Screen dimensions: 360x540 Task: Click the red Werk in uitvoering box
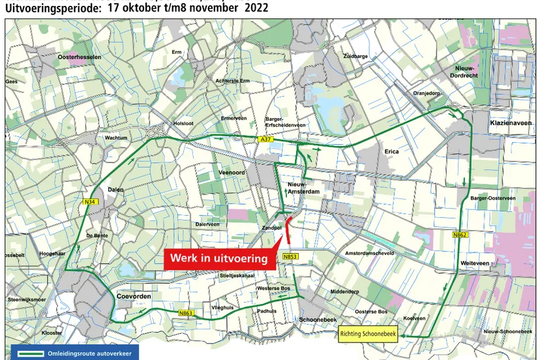[218, 258]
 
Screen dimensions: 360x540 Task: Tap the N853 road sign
[290, 258]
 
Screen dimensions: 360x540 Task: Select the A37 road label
[265, 140]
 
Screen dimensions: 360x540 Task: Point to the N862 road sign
[460, 233]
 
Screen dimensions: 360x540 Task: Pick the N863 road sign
[185, 314]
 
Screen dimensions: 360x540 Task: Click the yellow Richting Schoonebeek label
[367, 335]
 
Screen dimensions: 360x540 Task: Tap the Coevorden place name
[133, 297]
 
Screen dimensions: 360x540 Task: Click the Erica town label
[391, 151]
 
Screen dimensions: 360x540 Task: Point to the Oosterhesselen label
[79, 57]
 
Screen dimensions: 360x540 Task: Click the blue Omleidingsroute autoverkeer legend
[74, 353]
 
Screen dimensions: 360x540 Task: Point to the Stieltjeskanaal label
[237, 275]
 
